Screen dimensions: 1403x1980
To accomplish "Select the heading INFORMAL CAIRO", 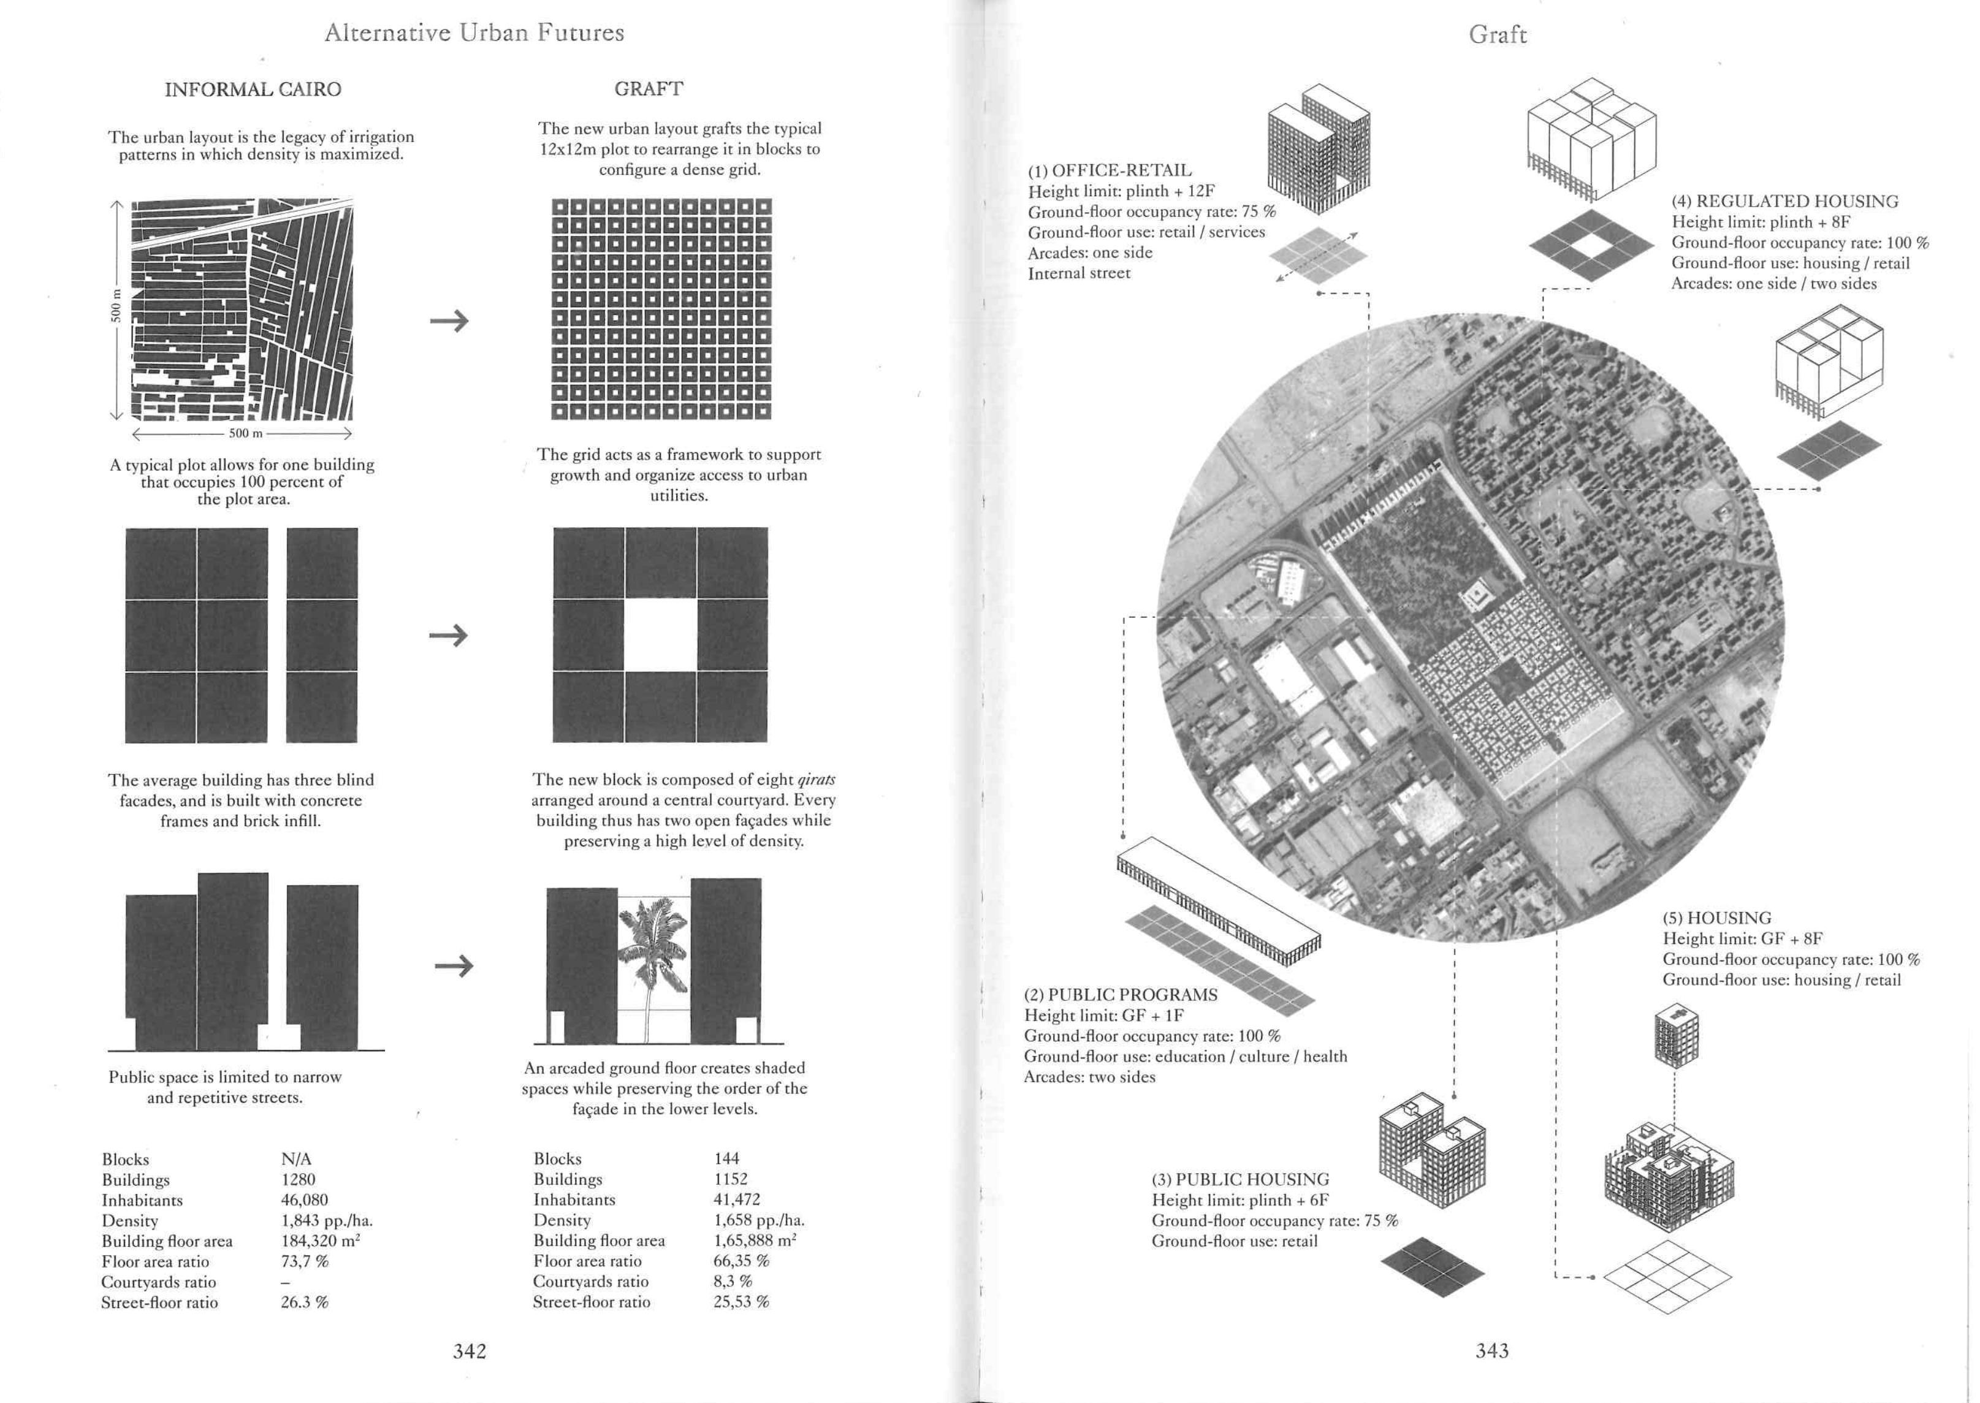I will [253, 90].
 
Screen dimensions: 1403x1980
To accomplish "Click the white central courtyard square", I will [660, 636].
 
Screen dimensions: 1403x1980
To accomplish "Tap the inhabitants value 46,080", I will [304, 1200].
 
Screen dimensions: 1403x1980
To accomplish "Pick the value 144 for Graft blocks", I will [726, 1158].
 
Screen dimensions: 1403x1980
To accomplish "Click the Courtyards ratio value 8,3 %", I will [733, 1281].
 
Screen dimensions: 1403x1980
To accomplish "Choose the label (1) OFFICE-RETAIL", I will [1109, 171].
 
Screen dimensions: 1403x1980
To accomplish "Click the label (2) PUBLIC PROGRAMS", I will [1121, 994].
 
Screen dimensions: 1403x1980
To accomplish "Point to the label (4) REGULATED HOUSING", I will [1785, 201].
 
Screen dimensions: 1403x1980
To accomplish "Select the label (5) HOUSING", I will [1716, 918].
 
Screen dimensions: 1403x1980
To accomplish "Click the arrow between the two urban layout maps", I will [449, 321].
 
